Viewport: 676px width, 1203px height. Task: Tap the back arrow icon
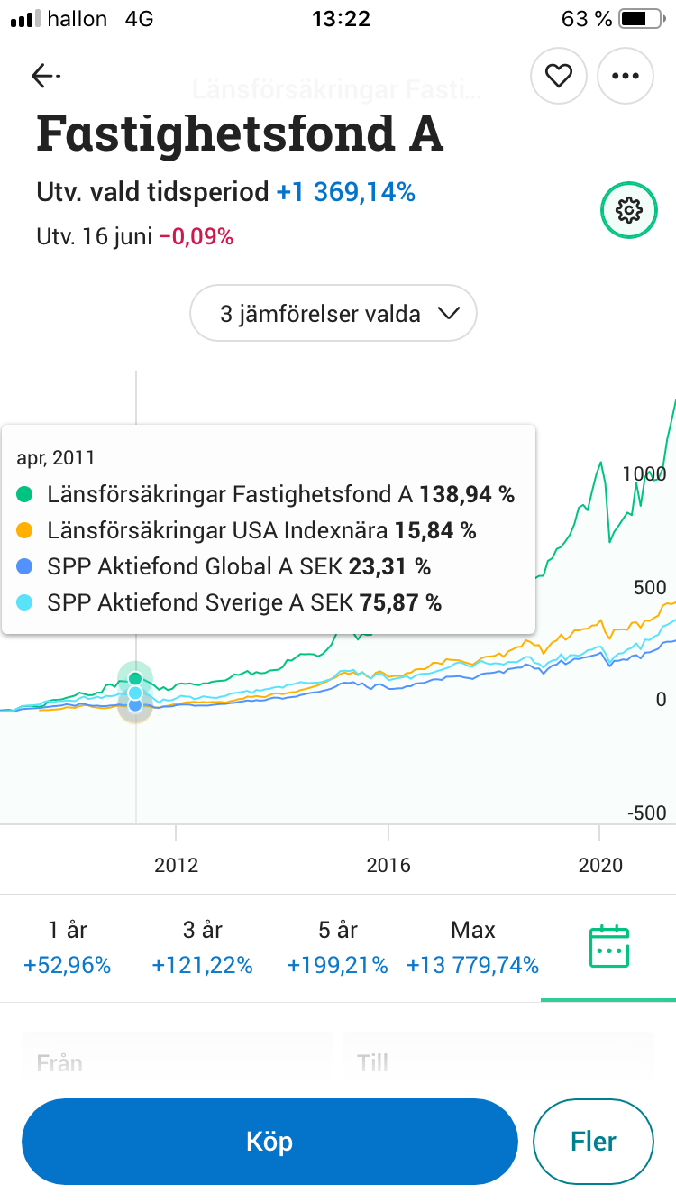pyautogui.click(x=45, y=76)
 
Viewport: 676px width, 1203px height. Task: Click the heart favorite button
pyautogui.click(x=559, y=76)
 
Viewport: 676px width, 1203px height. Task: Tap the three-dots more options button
pyautogui.click(x=625, y=76)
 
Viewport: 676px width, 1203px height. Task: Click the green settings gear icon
pyautogui.click(x=628, y=210)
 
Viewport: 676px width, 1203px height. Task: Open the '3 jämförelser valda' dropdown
pyautogui.click(x=333, y=314)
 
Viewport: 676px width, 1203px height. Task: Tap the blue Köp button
pyautogui.click(x=269, y=1142)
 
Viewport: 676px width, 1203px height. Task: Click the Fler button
pyautogui.click(x=593, y=1142)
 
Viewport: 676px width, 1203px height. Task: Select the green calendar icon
pyautogui.click(x=607, y=947)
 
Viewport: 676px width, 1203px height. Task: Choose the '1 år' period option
pyautogui.click(x=67, y=947)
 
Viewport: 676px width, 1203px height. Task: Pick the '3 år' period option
pyautogui.click(x=202, y=947)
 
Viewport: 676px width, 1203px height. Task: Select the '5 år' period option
pyautogui.click(x=337, y=947)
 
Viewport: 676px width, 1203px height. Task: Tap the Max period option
pyautogui.click(x=472, y=947)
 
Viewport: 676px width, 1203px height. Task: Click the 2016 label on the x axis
pyautogui.click(x=388, y=865)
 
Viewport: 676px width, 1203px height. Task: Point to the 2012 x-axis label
pyautogui.click(x=176, y=865)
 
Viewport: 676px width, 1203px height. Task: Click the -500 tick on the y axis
pyautogui.click(x=646, y=813)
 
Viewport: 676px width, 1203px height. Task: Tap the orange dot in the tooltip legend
pyautogui.click(x=25, y=530)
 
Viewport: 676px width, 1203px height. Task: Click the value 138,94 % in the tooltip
pyautogui.click(x=466, y=494)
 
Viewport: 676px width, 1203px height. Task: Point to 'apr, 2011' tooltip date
pyautogui.click(x=56, y=457)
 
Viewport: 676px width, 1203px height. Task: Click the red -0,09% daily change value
pyautogui.click(x=196, y=237)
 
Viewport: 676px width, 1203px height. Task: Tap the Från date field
pyautogui.click(x=178, y=1062)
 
